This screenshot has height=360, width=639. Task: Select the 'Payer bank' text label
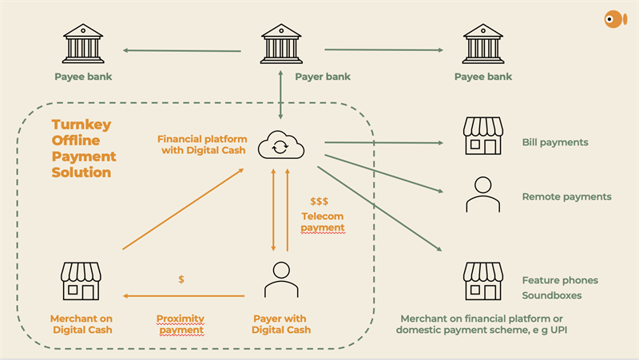pos(323,77)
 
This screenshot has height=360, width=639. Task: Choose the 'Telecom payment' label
pos(323,222)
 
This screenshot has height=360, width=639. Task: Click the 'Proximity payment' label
pos(180,323)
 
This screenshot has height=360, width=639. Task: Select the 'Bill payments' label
pos(555,142)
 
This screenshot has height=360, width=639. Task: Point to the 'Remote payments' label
pos(566,196)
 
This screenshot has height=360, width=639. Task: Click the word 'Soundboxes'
pos(552,295)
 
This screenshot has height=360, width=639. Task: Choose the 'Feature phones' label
pos(560,280)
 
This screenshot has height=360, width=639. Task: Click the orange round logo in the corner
pos(615,19)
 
